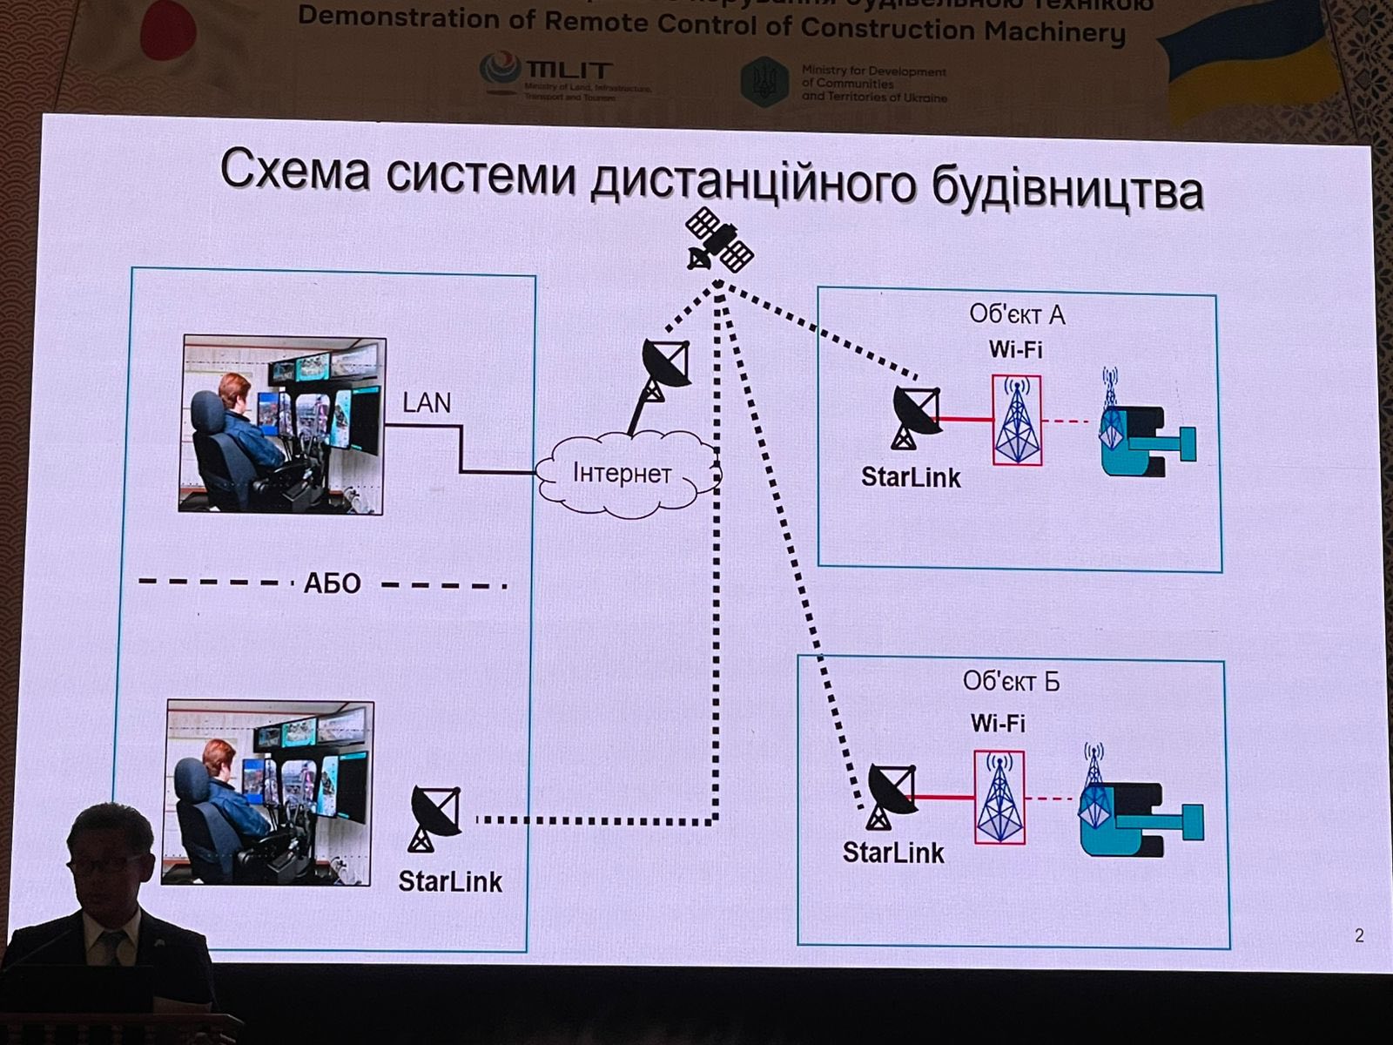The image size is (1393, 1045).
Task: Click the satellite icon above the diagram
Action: [719, 239]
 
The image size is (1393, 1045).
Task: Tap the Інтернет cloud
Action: [622, 474]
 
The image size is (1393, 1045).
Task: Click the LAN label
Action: [427, 402]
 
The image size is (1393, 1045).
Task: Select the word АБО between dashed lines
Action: [332, 583]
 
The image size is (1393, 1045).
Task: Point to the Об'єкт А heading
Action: [1017, 313]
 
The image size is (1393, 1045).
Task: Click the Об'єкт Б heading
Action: [1011, 681]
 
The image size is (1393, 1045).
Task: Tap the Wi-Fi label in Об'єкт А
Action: [1015, 349]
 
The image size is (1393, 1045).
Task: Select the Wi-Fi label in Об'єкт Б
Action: [998, 723]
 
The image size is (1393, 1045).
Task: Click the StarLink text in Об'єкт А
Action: [911, 477]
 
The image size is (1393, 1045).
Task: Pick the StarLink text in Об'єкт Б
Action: [893, 852]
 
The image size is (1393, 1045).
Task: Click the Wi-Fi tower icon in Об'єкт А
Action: [1017, 421]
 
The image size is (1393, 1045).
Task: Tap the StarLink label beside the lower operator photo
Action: [450, 881]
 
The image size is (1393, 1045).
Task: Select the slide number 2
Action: [1360, 936]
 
